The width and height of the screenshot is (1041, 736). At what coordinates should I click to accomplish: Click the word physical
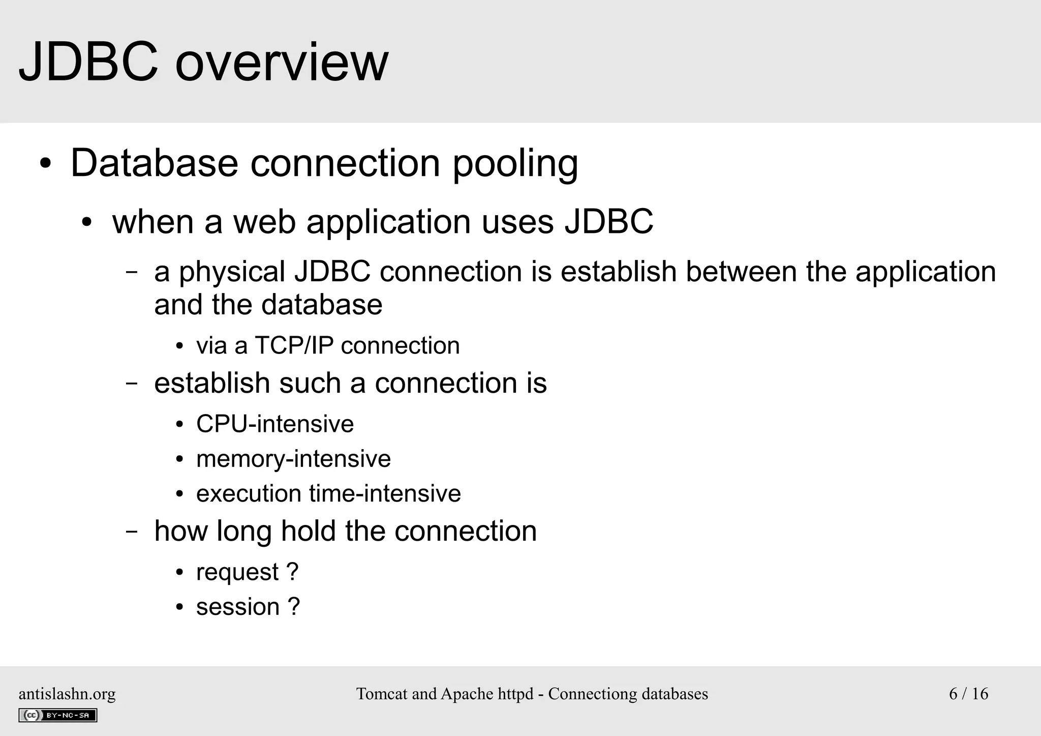pos(232,273)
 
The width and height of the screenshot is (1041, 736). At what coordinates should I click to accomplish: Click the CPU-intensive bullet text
pos(274,424)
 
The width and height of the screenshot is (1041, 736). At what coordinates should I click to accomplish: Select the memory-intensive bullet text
pos(293,459)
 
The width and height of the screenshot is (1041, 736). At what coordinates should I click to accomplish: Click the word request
pos(237,572)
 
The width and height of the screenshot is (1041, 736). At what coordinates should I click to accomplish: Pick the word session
pos(238,607)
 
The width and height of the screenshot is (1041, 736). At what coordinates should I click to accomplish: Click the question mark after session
pos(294,606)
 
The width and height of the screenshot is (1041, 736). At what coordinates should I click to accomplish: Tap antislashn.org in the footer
pos(67,694)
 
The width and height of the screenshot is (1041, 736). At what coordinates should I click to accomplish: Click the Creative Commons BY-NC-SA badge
pos(57,715)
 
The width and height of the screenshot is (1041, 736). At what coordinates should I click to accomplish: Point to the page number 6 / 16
pos(968,694)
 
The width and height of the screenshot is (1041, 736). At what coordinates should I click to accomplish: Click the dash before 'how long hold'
pos(132,532)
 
